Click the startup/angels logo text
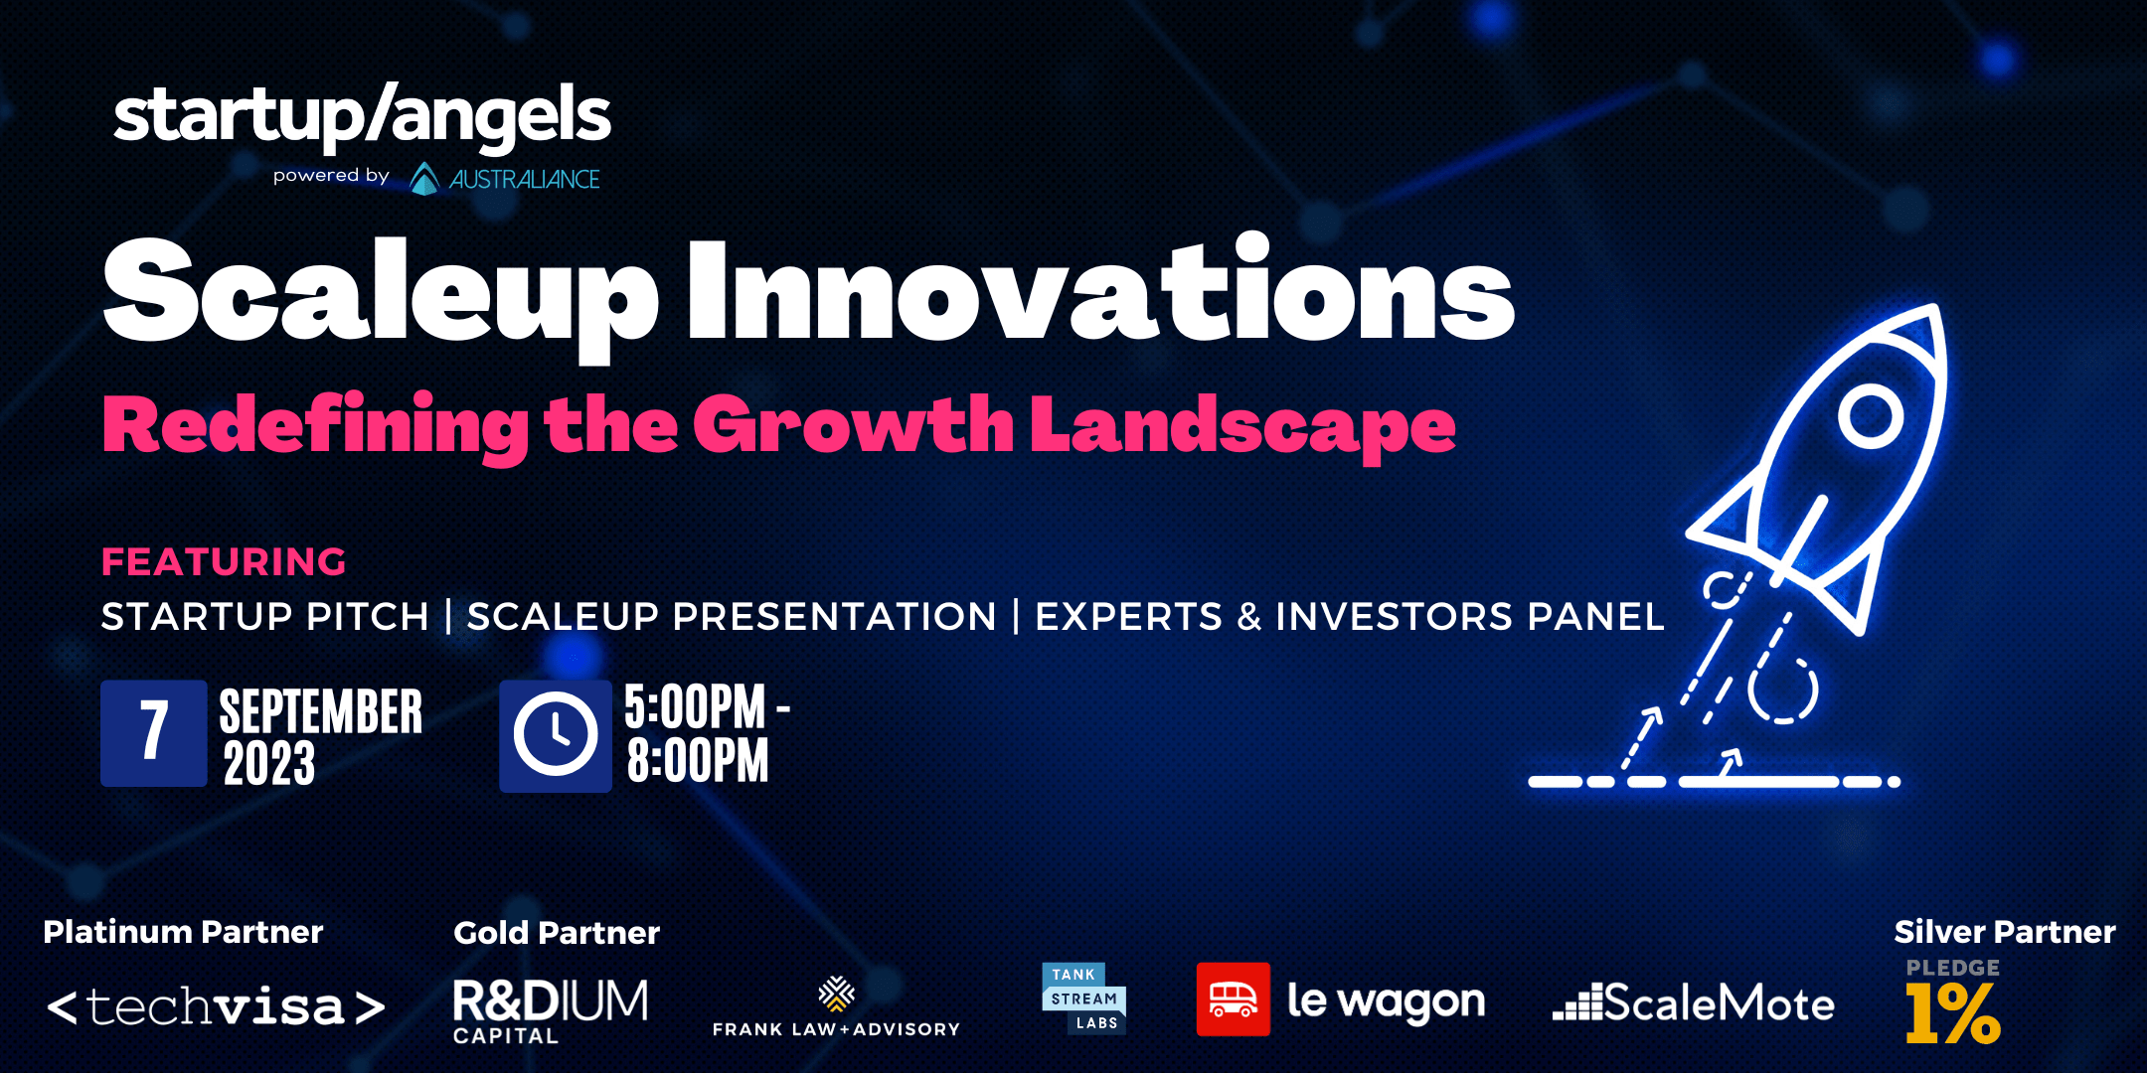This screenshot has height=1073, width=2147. point(362,116)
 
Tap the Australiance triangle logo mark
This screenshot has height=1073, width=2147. point(424,179)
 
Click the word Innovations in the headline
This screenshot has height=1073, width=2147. point(1101,291)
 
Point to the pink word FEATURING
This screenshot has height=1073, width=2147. point(224,562)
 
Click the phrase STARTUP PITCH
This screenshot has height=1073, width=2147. point(265,617)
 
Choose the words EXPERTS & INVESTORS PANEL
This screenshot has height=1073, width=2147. point(1350,617)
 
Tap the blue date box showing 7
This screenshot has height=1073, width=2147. point(154,733)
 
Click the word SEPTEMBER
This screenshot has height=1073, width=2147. point(321,711)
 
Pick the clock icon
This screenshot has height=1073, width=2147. point(556,736)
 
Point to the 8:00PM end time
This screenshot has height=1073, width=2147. point(698,761)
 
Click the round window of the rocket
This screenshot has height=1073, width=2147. point(1870,415)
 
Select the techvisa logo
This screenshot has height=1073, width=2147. point(216,1007)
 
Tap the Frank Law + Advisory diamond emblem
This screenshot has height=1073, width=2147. point(836,994)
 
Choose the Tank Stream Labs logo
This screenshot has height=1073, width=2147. point(1083,998)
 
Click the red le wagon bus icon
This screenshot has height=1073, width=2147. point(1234,999)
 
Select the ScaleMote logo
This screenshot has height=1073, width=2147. point(1694,1002)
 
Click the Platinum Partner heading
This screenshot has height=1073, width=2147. point(183,932)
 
